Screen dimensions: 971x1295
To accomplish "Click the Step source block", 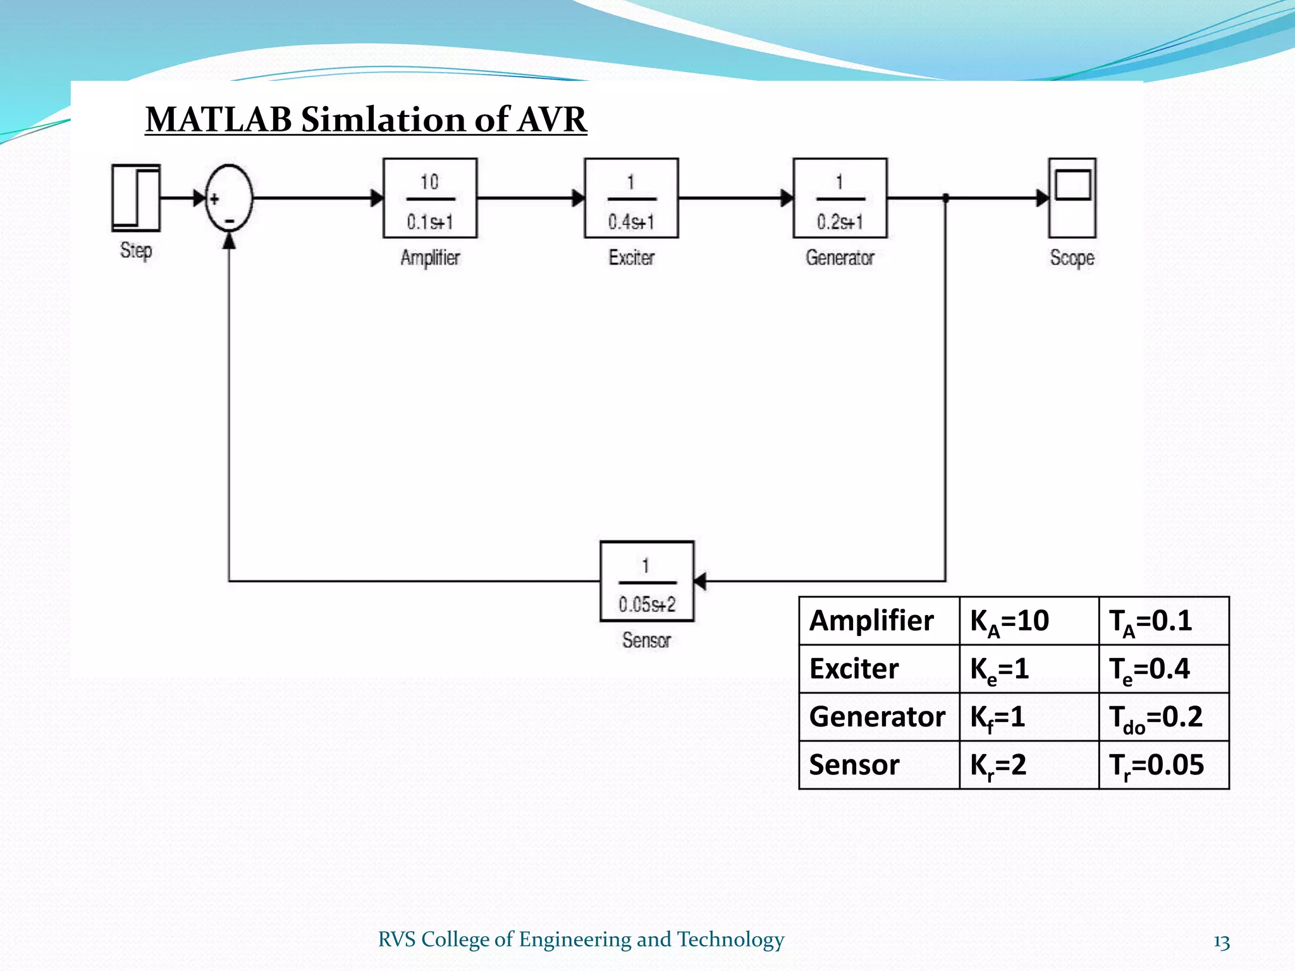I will (136, 198).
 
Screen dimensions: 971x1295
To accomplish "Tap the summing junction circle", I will (229, 198).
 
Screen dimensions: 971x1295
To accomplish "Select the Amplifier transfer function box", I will (430, 198).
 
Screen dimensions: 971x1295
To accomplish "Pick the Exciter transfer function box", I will (631, 198).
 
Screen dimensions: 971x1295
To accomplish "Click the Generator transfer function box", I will (840, 198).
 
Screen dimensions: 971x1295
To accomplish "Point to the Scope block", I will (1072, 198).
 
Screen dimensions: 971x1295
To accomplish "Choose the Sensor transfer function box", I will (646, 581).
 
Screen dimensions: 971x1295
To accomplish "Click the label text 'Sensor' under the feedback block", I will (646, 640).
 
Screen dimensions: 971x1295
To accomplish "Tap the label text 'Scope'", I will (1072, 258).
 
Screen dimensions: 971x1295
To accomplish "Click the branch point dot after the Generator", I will (945, 198).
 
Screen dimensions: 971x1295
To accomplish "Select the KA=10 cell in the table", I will (1028, 621).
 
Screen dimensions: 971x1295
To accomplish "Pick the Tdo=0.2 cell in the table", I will (1163, 718).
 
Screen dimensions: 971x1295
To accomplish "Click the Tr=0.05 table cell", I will (1163, 766).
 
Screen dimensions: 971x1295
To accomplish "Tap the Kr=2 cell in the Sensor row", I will (1028, 766).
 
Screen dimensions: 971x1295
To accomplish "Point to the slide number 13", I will (1221, 942).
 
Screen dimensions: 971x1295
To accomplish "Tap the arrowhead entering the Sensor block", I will (700, 581).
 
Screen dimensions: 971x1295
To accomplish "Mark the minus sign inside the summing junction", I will (230, 221).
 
